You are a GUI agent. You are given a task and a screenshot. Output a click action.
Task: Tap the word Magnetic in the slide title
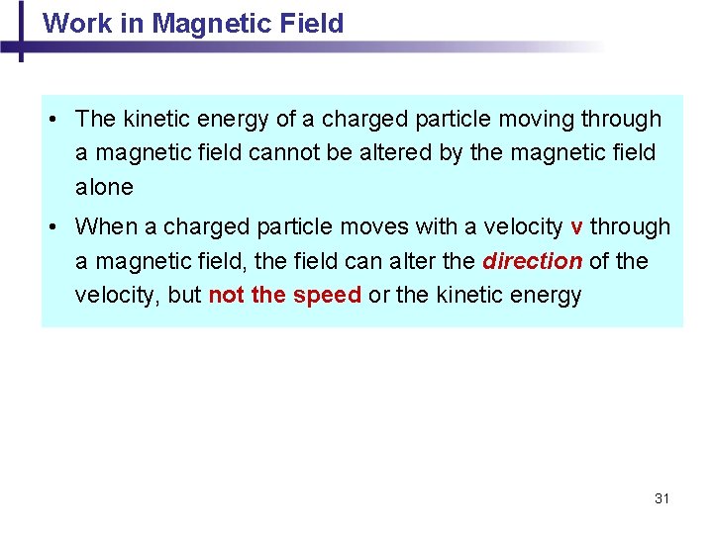(194, 23)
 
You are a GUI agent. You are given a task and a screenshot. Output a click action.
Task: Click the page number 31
(662, 498)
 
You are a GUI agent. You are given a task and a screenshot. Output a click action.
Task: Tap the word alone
(104, 188)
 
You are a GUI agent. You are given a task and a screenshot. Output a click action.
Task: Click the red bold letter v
(576, 227)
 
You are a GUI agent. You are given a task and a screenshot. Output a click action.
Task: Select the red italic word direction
(532, 262)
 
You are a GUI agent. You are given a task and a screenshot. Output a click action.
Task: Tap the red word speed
(327, 296)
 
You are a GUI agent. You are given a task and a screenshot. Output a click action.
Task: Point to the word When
(106, 227)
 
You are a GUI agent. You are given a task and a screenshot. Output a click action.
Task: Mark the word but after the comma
(185, 296)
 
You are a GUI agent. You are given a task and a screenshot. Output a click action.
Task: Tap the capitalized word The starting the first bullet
(95, 120)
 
